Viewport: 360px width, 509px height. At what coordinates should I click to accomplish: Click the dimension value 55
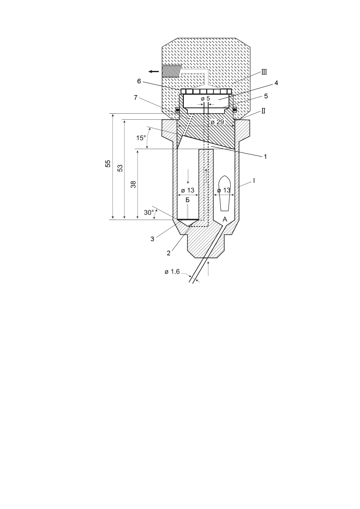(x=108, y=164)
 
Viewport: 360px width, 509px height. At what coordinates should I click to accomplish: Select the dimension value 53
(x=120, y=168)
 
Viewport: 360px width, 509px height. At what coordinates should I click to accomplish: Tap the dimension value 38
(x=133, y=184)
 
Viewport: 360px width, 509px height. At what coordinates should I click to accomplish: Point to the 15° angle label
(x=141, y=138)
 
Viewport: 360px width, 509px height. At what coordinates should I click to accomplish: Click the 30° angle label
(x=149, y=212)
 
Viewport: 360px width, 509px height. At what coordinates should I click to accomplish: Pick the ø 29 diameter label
(x=217, y=122)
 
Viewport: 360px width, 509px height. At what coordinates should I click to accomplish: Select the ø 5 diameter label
(x=206, y=99)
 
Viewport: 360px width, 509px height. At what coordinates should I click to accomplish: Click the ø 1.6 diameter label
(x=172, y=272)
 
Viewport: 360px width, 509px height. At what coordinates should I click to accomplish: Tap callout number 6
(x=139, y=81)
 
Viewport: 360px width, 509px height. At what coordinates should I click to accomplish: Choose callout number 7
(x=136, y=98)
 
